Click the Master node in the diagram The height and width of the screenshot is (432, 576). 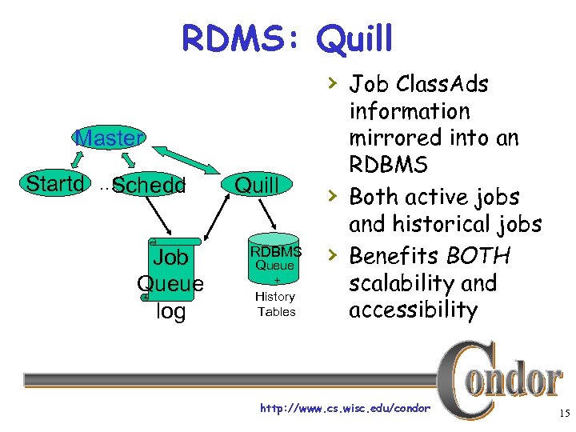pyautogui.click(x=108, y=138)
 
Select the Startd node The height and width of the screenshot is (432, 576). pyautogui.click(x=54, y=184)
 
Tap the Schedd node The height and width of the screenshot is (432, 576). pyautogui.click(x=149, y=186)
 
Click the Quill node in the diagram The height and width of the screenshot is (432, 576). pyautogui.click(x=256, y=186)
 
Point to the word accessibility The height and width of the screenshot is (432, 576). pyautogui.click(x=413, y=310)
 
